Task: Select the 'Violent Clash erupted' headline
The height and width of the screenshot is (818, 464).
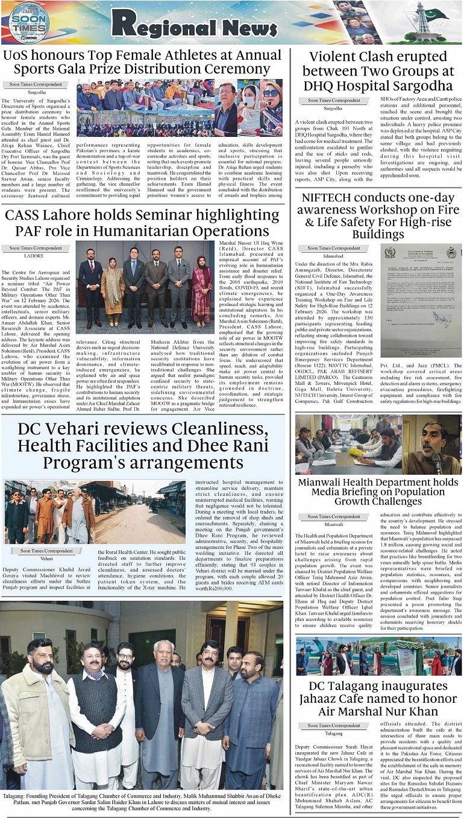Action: [378, 71]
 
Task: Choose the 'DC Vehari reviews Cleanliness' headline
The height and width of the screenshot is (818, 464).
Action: [143, 445]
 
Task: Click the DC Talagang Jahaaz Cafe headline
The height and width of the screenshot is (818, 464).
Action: [378, 699]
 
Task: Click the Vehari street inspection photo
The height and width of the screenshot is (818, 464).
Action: [95, 512]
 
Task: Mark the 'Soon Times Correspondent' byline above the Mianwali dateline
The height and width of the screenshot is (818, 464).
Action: [333, 516]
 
